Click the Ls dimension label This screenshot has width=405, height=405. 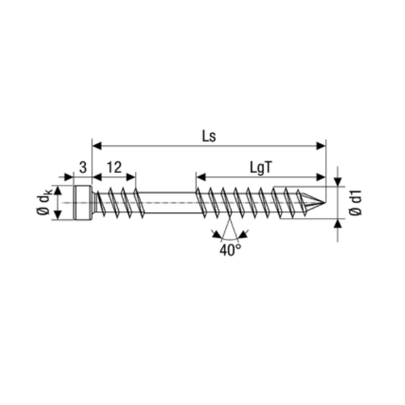[x=209, y=134]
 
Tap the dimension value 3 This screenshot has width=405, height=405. [x=82, y=167]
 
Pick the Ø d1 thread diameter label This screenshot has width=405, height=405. [x=357, y=202]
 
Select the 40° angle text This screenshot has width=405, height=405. [x=230, y=250]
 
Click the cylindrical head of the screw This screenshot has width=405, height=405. [x=82, y=202]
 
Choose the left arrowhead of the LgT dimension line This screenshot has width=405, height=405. [x=200, y=177]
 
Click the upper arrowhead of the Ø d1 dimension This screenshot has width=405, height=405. [x=337, y=181]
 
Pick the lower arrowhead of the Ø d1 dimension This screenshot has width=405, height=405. [x=337, y=223]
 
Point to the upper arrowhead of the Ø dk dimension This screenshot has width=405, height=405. [x=58, y=190]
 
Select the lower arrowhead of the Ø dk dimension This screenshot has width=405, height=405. [x=58, y=215]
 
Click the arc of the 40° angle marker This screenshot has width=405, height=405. [x=230, y=239]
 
